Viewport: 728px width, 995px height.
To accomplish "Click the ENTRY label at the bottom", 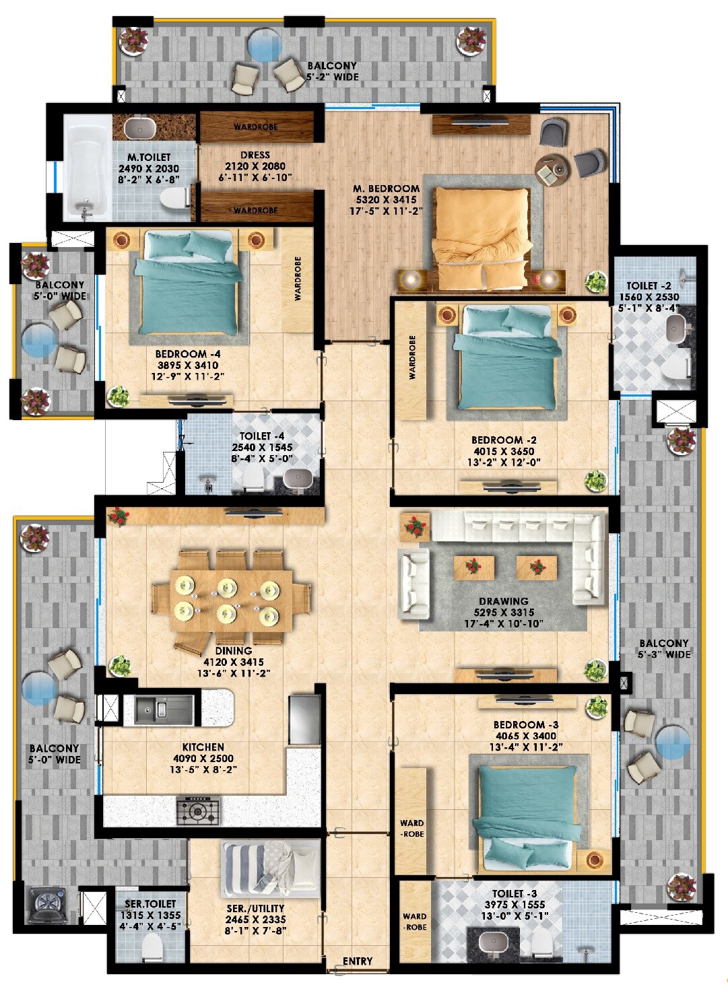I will (357, 961).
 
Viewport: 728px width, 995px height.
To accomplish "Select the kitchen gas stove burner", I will (198, 810).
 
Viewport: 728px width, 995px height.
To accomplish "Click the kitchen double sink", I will (152, 709).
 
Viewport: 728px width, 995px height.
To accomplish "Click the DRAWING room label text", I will (503, 601).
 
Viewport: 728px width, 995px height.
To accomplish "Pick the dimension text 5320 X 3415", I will (386, 200).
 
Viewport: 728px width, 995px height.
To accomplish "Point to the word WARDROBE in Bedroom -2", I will (412, 357).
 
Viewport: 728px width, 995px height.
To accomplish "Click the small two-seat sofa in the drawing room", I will (413, 582).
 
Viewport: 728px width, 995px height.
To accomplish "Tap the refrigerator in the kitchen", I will (304, 720).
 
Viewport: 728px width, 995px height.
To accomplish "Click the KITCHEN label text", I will (203, 747).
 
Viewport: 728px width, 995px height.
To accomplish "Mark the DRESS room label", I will (255, 155).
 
